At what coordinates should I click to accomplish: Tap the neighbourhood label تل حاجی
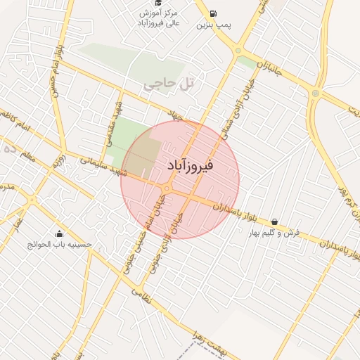[x=168, y=83]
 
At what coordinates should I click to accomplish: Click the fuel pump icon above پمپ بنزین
[x=213, y=13]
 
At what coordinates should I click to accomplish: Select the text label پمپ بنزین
[x=213, y=25]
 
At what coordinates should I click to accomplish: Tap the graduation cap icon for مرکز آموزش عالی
[x=160, y=3]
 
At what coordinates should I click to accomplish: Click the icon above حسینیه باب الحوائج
[x=59, y=234]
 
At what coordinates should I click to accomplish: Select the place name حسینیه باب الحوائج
[x=59, y=245]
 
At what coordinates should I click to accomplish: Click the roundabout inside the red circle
[x=167, y=188]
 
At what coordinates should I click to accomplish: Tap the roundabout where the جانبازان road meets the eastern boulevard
[x=315, y=93]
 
